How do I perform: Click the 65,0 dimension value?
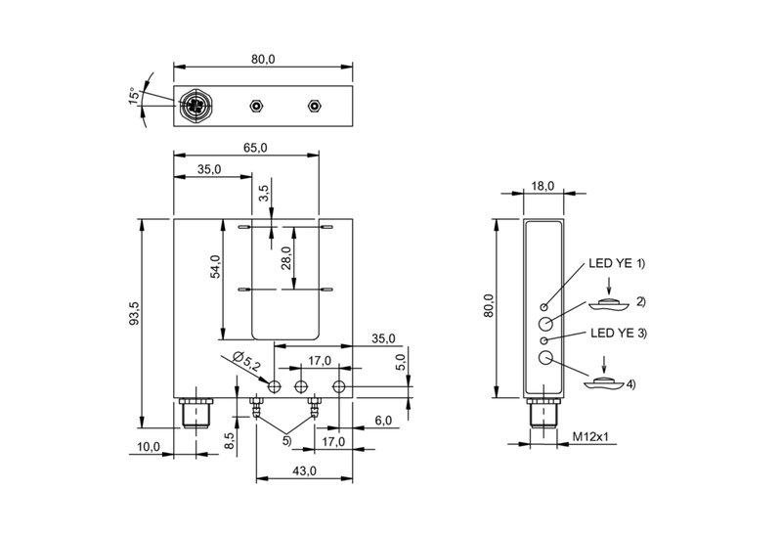click(x=255, y=148)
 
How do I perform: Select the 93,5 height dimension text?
click(x=134, y=313)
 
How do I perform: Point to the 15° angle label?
click(x=134, y=96)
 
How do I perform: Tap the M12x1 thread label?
click(x=590, y=436)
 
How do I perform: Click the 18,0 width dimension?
click(x=543, y=186)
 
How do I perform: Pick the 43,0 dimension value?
click(x=304, y=470)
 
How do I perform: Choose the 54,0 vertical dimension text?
click(x=215, y=266)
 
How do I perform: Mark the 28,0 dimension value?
click(x=286, y=258)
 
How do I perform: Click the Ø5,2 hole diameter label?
click(x=247, y=361)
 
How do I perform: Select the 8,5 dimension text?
click(x=229, y=441)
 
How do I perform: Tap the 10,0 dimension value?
click(x=149, y=447)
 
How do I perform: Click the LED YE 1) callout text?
click(x=617, y=263)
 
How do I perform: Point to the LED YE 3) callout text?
click(x=619, y=333)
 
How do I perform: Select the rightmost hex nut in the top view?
click(x=314, y=106)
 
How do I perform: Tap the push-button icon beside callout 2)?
click(x=608, y=304)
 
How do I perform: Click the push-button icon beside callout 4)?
click(x=604, y=384)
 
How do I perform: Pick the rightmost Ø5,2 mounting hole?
click(x=339, y=386)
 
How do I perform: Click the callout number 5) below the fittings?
click(x=286, y=441)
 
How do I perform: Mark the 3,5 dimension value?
click(x=264, y=193)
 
